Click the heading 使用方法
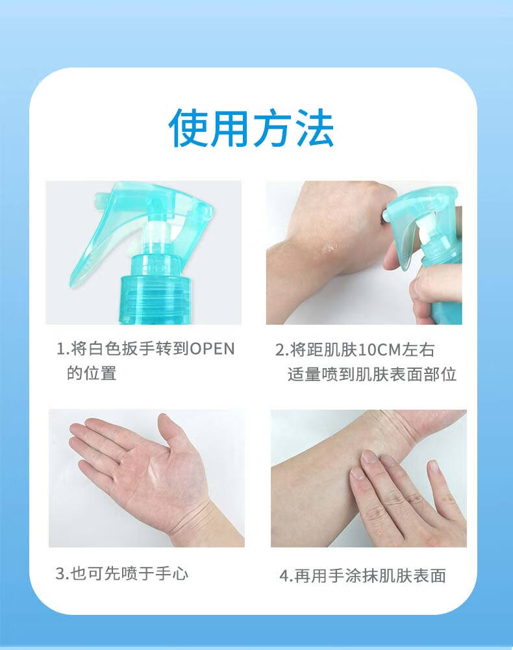click(251, 128)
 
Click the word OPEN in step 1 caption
click(212, 349)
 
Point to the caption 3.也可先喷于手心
click(122, 574)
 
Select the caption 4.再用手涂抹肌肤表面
click(363, 576)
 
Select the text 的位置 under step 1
click(92, 373)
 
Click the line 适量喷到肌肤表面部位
click(372, 374)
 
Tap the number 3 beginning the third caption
click(60, 574)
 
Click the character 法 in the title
click(315, 128)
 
